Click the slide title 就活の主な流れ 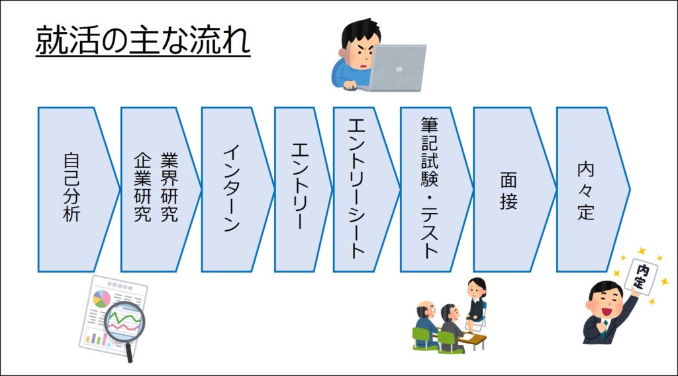143,40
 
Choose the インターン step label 232,189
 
